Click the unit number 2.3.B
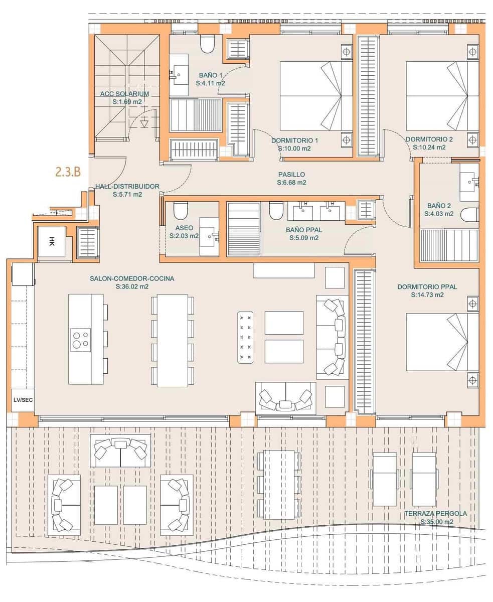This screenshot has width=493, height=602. pyautogui.click(x=68, y=172)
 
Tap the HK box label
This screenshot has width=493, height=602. pyautogui.click(x=53, y=242)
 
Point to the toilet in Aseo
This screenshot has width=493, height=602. pyautogui.click(x=180, y=212)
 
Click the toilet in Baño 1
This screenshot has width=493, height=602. pyautogui.click(x=207, y=44)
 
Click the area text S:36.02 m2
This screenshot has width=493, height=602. pyautogui.click(x=132, y=287)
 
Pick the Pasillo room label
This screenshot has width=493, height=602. pyautogui.click(x=291, y=175)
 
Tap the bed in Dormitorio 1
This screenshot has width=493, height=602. pyautogui.click(x=316, y=95)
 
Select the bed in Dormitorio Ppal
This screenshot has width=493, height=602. pyautogui.click(x=441, y=342)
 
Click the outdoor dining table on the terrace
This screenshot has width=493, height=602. pyautogui.click(x=279, y=484)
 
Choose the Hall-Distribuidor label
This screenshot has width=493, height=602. pyautogui.click(x=127, y=187)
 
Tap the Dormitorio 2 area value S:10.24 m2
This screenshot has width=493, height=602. pyautogui.click(x=429, y=147)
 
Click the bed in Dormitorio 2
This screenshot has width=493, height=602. pyautogui.click(x=441, y=95)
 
